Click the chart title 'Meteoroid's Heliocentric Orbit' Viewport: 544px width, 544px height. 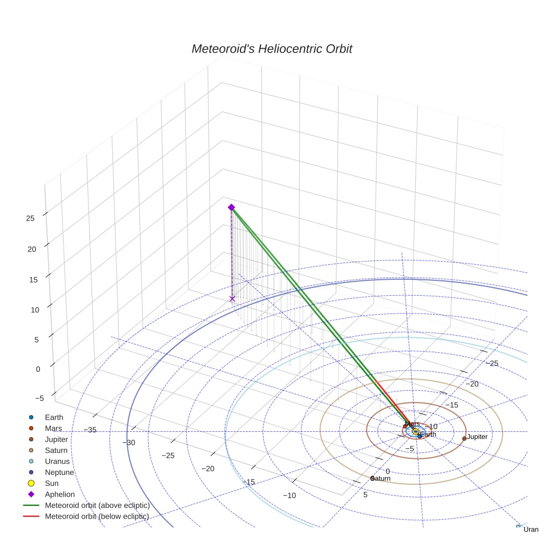[271, 49]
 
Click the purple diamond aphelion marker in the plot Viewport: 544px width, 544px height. [231, 207]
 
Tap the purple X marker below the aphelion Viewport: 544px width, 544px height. [232, 299]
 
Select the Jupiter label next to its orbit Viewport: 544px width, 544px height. [477, 437]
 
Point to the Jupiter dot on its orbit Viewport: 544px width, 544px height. [464, 438]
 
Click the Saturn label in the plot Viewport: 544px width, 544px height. [380, 478]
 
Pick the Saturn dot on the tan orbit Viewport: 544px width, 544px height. [372, 478]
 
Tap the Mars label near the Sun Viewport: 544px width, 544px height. [412, 424]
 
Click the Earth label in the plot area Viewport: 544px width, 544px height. [428, 435]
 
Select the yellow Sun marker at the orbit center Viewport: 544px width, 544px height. [416, 432]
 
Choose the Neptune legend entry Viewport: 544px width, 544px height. [59, 473]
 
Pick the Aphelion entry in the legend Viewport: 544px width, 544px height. [60, 494]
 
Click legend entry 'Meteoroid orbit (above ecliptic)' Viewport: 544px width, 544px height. [97, 505]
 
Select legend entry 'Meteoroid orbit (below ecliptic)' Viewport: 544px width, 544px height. [97, 516]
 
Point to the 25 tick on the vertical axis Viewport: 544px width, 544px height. [30, 218]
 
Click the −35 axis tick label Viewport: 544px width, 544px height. [90, 430]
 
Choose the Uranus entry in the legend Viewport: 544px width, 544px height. [57, 462]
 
